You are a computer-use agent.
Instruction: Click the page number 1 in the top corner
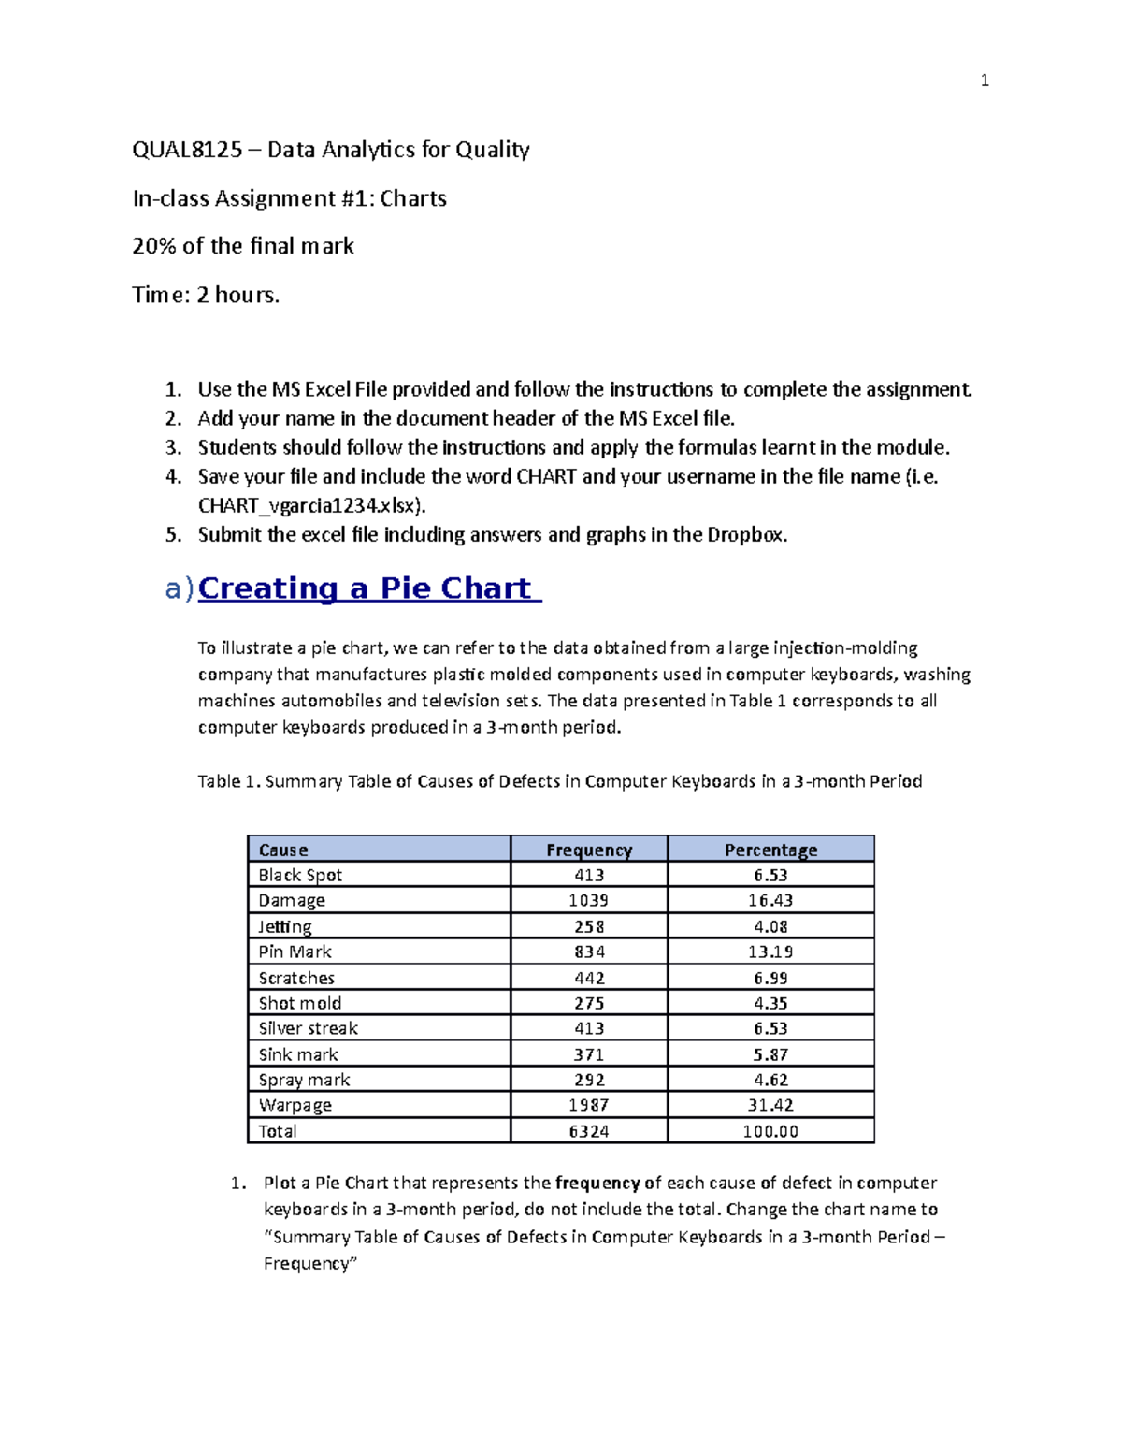[x=984, y=80]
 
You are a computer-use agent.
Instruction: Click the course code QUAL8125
[x=187, y=150]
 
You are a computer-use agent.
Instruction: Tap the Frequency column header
[x=589, y=850]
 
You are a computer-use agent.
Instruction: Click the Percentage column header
[x=770, y=850]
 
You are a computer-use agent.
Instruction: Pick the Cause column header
[x=283, y=850]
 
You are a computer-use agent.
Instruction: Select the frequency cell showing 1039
[x=589, y=900]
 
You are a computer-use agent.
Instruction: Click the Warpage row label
[x=295, y=1105]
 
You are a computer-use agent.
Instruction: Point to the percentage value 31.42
[x=770, y=1105]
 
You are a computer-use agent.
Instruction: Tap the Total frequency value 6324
[x=589, y=1131]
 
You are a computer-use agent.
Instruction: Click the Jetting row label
[x=285, y=926]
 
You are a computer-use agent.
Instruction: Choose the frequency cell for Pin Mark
[x=589, y=952]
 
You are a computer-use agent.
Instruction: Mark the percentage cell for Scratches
[x=770, y=978]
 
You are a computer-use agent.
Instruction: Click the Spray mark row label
[x=304, y=1080]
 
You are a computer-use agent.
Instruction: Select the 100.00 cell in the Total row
[x=770, y=1131]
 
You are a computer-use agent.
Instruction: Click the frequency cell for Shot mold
[x=589, y=1003]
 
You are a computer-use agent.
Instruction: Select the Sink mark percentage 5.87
[x=770, y=1054]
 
